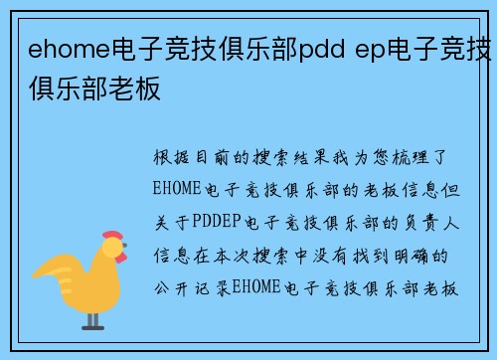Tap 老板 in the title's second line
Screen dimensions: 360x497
point(139,89)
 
